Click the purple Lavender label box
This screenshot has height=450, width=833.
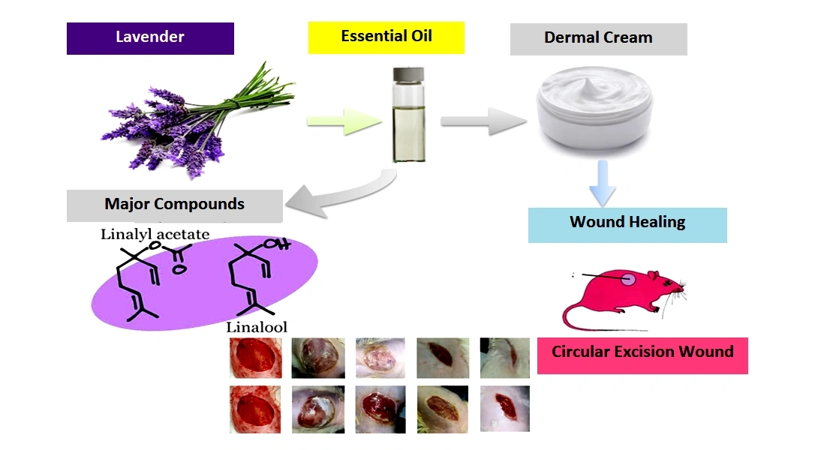click(150, 38)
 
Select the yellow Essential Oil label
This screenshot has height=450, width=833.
click(386, 37)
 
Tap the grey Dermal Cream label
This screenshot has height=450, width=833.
click(598, 38)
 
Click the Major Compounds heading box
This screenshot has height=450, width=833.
click(174, 205)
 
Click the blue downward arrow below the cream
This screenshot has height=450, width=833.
click(603, 183)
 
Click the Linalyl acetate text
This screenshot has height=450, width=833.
click(155, 235)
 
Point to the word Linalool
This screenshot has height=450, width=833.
click(257, 327)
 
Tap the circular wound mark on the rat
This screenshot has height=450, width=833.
click(629, 279)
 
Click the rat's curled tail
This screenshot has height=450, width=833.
click(582, 319)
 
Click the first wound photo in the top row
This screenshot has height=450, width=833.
click(256, 357)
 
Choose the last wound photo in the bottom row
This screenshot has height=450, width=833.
click(504, 408)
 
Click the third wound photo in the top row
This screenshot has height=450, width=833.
click(380, 357)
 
